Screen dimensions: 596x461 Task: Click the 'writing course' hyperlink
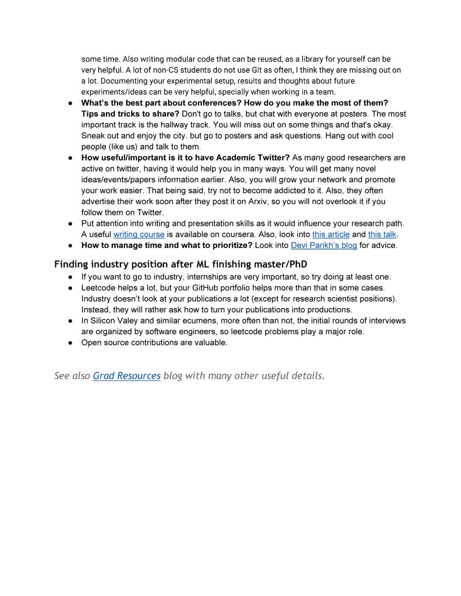click(x=139, y=234)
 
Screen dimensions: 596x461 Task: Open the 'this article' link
click(x=331, y=234)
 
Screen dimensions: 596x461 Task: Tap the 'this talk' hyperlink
click(x=382, y=234)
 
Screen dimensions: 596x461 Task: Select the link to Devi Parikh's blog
click(x=324, y=245)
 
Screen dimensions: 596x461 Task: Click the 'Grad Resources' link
click(x=127, y=376)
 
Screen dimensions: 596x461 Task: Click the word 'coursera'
click(x=238, y=234)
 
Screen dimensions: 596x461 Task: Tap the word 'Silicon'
click(x=103, y=321)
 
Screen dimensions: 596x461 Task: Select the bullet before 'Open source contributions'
click(x=70, y=343)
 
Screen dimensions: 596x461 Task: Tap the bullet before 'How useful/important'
click(x=70, y=158)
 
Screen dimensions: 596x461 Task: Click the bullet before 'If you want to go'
click(x=70, y=277)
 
